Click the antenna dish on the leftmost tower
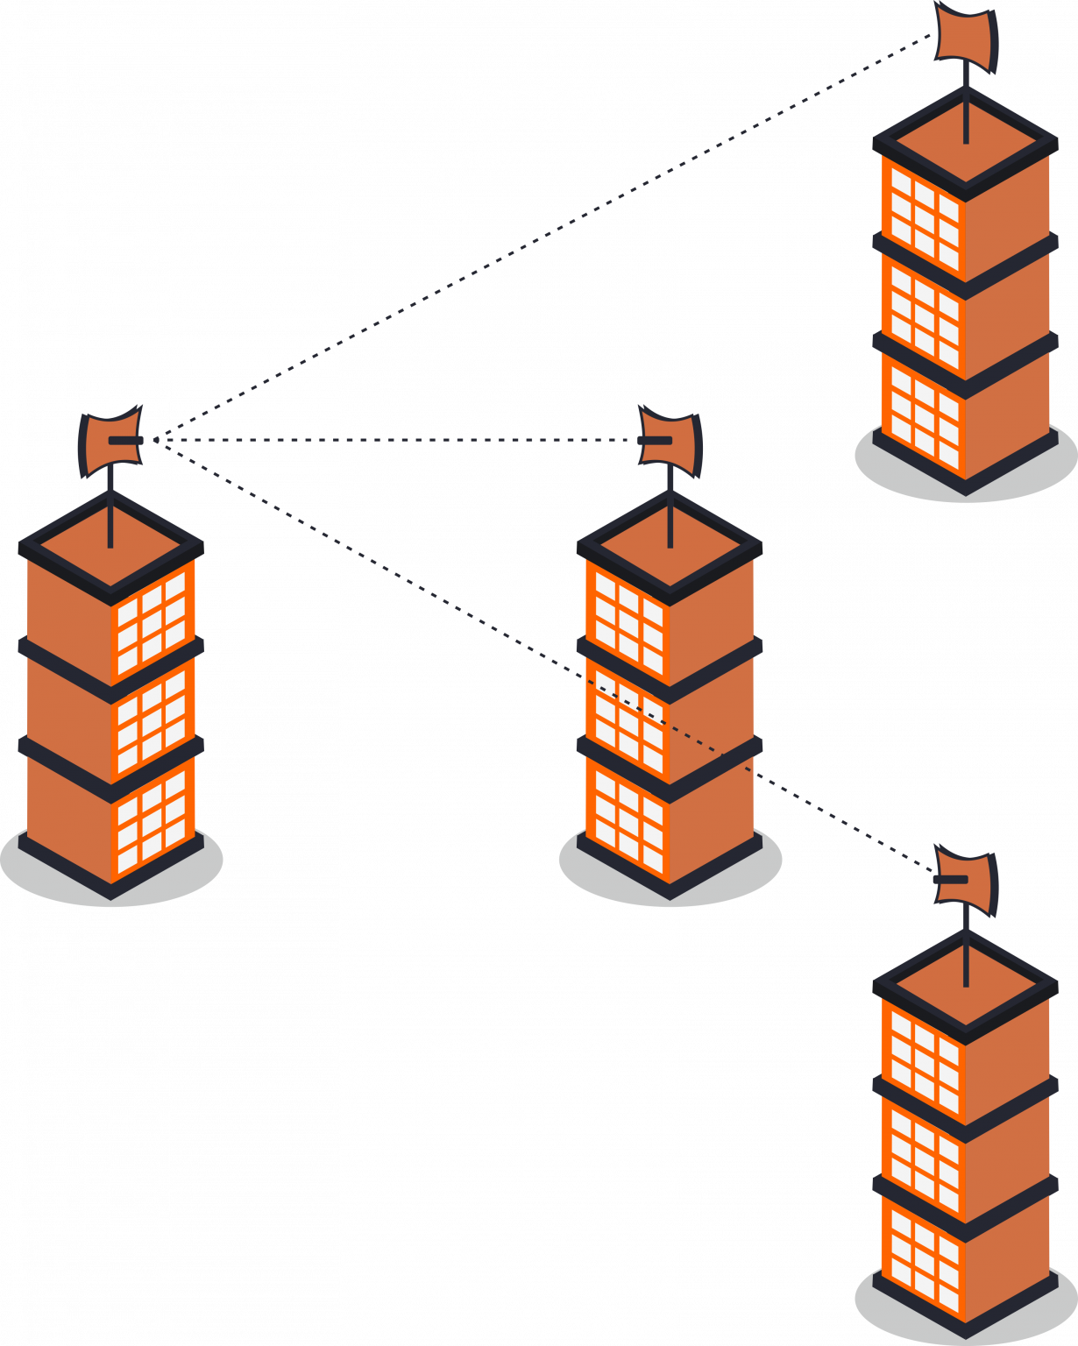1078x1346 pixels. tap(111, 441)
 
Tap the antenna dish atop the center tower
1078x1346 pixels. tap(671, 441)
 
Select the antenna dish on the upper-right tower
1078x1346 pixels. tap(966, 35)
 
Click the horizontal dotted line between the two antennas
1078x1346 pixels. tap(394, 440)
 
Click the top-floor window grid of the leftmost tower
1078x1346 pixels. tap(152, 622)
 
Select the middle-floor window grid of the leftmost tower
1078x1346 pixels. tap(152, 720)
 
